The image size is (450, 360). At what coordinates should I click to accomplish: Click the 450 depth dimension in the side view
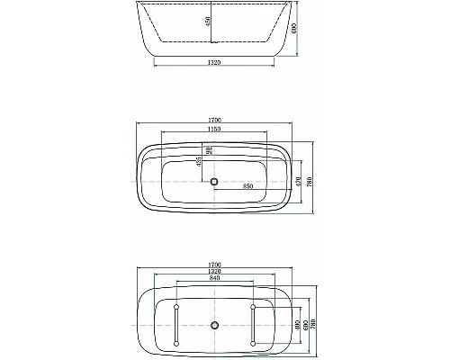(x=207, y=22)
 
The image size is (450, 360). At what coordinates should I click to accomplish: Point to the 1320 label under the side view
(x=214, y=63)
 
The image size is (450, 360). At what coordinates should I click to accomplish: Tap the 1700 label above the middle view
(x=214, y=120)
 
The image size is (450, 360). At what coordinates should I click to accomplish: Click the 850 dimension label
(x=246, y=186)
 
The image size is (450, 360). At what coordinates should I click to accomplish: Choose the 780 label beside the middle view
(x=310, y=181)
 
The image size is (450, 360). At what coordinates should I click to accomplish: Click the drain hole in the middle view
(x=214, y=182)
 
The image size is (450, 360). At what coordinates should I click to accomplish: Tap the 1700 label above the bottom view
(x=214, y=265)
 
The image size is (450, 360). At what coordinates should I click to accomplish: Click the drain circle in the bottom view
(x=214, y=323)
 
